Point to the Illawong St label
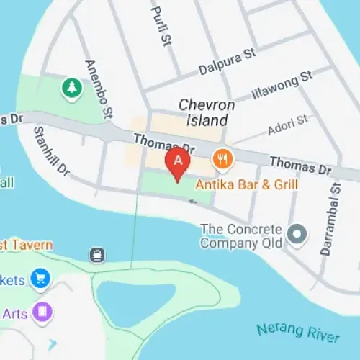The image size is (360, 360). pyautogui.click(x=282, y=84)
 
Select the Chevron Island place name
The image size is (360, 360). pyautogui.click(x=207, y=112)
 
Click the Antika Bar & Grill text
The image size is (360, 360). pyautogui.click(x=247, y=184)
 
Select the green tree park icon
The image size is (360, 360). pyautogui.click(x=72, y=88)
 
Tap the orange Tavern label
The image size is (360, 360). pyautogui.click(x=27, y=246)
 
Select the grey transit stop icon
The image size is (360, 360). pyautogui.click(x=96, y=255)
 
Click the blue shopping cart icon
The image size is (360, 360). pyautogui.click(x=41, y=279)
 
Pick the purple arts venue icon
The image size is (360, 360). pyautogui.click(x=42, y=312)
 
